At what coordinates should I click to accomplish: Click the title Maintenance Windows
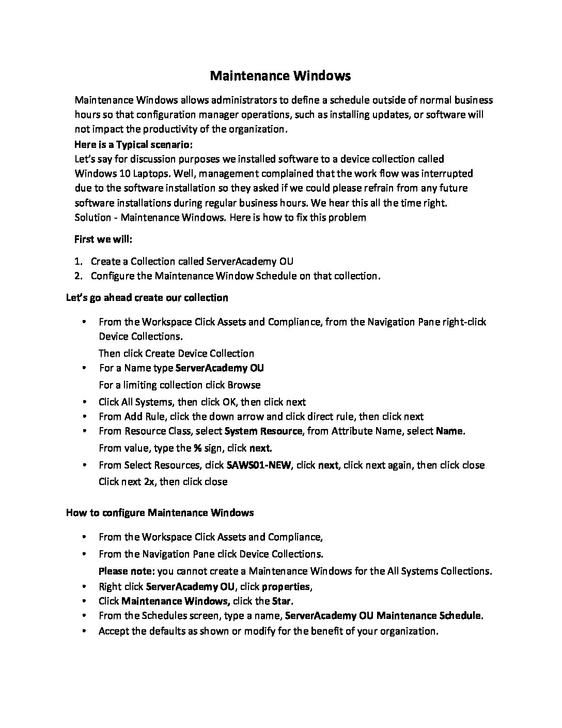tap(280, 76)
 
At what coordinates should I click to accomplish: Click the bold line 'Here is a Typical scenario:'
tap(133, 144)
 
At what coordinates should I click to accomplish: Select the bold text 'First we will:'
tap(103, 239)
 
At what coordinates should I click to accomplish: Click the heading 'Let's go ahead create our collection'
tap(147, 298)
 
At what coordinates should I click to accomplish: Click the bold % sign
tap(197, 448)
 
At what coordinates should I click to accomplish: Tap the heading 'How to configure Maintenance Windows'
tap(160, 513)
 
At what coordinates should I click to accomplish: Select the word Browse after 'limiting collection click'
tap(242, 385)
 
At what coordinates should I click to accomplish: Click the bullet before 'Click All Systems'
tap(84, 402)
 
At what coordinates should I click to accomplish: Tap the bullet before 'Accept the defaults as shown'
tap(84, 631)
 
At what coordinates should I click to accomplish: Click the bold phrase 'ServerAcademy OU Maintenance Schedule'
tap(383, 616)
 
